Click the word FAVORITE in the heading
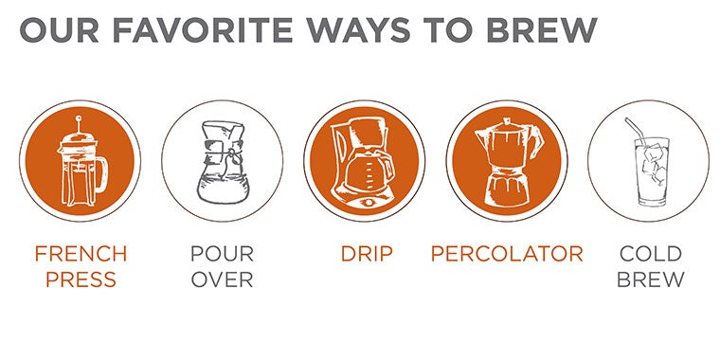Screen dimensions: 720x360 click(x=203, y=30)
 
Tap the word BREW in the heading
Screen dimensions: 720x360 click(x=541, y=30)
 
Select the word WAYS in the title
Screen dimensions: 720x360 click(x=358, y=30)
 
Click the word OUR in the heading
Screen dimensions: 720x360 click(x=60, y=30)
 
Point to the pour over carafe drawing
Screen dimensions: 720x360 click(x=223, y=162)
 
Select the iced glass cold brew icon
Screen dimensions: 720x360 click(x=649, y=162)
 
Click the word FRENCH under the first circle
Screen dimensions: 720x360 click(x=81, y=254)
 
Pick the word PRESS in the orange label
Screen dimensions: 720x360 click(x=81, y=279)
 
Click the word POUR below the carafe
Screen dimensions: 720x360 click(x=223, y=254)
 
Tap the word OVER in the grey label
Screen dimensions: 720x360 click(x=223, y=279)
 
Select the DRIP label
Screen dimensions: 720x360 click(x=367, y=254)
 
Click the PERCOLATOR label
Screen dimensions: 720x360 click(x=507, y=254)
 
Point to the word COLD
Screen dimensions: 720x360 click(x=650, y=254)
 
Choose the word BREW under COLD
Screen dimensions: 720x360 click(x=650, y=279)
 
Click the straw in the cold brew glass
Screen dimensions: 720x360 click(x=635, y=130)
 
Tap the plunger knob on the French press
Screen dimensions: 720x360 click(x=79, y=119)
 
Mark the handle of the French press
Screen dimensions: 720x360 click(x=103, y=172)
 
